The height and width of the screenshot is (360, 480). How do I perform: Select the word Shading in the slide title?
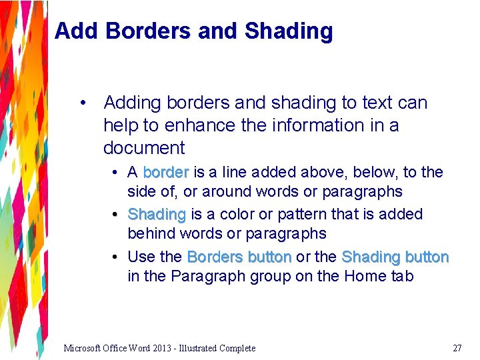tap(289, 31)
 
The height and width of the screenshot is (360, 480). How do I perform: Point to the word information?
tap(303, 125)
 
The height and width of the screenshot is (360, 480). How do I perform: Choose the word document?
tap(144, 148)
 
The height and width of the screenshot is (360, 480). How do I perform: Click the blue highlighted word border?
tap(166, 172)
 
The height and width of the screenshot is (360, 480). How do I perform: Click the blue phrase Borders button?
tap(239, 257)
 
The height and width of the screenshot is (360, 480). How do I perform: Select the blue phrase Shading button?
tap(395, 257)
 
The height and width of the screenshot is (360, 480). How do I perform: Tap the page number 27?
tap(457, 348)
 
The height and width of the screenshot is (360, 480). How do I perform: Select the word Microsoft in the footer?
tap(83, 348)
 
